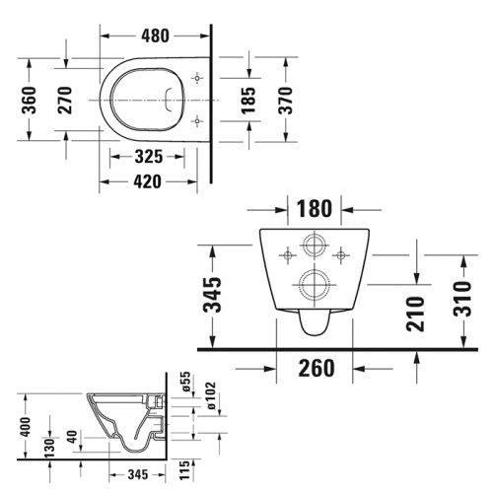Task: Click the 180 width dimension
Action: tap(315, 208)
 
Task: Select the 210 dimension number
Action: tap(415, 313)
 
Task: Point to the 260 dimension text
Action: tap(316, 368)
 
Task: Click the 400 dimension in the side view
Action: tap(27, 426)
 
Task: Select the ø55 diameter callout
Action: tap(183, 381)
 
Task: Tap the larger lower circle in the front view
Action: tap(316, 285)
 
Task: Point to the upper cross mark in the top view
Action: tap(197, 77)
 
